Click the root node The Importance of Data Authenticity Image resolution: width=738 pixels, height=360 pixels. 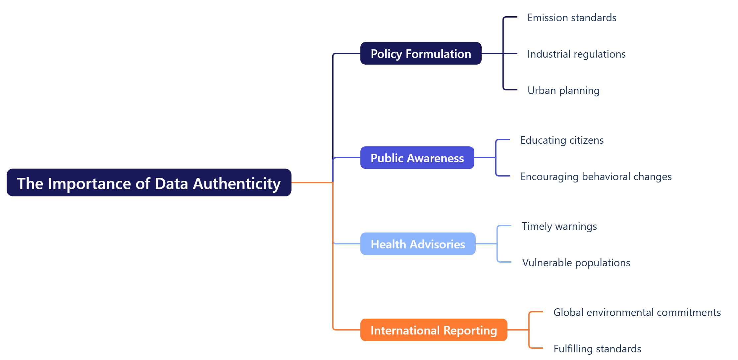(x=149, y=183)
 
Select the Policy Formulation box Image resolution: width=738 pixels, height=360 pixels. (x=421, y=54)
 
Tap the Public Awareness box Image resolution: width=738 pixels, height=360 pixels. (x=417, y=158)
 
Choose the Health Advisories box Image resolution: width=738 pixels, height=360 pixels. (x=418, y=244)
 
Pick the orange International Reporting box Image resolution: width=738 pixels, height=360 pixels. (x=434, y=330)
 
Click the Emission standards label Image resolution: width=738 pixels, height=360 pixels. (x=572, y=18)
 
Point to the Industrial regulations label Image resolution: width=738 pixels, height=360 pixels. (x=576, y=54)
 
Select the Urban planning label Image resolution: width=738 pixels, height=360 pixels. (x=563, y=90)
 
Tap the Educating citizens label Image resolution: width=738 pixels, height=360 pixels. (x=562, y=140)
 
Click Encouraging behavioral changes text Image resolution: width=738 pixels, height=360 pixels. (x=596, y=177)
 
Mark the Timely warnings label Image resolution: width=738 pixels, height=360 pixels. (x=559, y=226)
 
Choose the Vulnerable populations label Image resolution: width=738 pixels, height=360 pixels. (x=576, y=263)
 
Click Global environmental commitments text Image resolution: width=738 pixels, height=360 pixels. (x=637, y=312)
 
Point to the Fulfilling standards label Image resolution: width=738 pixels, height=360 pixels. (x=597, y=349)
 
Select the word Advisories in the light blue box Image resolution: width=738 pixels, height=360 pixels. (x=437, y=244)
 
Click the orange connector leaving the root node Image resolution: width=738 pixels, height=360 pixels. (x=311, y=182)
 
